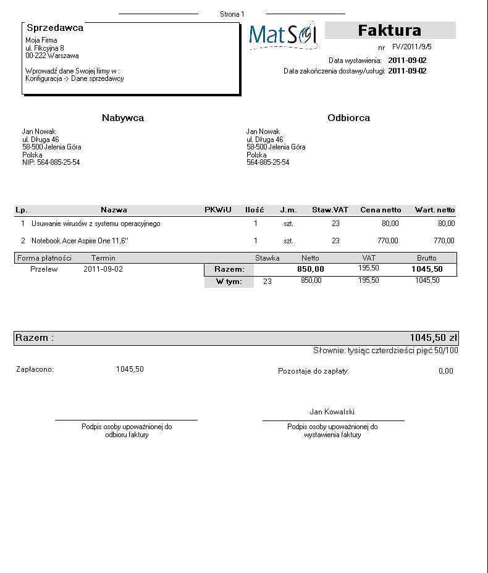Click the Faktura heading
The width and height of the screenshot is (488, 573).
tap(390, 30)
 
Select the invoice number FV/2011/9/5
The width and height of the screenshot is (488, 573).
tap(411, 47)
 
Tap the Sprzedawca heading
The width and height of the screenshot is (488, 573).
tap(55, 28)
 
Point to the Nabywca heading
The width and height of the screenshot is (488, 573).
tap(123, 118)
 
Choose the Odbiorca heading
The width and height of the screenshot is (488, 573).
tap(348, 118)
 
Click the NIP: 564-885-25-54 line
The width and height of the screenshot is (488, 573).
tap(51, 162)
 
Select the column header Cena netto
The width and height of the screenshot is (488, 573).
tap(381, 210)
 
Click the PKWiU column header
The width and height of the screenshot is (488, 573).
tap(218, 210)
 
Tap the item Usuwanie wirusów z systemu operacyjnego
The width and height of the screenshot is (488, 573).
tap(96, 224)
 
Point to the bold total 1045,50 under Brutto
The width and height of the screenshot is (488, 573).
tap(427, 269)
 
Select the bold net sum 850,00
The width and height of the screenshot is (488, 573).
tap(310, 269)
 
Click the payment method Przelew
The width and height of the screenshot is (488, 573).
tap(44, 269)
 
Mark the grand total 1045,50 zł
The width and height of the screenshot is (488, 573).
tap(433, 338)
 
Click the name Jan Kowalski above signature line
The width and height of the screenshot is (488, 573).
tap(332, 412)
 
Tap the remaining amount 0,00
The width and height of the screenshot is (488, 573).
tap(445, 371)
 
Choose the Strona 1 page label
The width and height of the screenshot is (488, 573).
tap(232, 14)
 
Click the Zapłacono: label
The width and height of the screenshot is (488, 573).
tap(35, 369)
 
